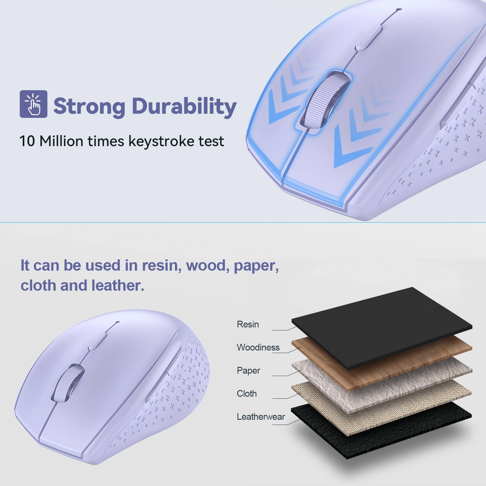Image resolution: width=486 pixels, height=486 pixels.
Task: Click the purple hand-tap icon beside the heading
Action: [33, 104]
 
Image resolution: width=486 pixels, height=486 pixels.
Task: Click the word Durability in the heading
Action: [184, 106]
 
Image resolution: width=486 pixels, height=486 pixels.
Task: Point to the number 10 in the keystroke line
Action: [27, 141]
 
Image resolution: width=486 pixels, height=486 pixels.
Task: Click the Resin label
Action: [248, 324]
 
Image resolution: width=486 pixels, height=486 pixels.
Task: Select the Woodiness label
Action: [258, 347]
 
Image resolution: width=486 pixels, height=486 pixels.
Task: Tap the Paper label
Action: [248, 371]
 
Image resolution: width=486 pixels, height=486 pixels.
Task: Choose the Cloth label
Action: [247, 394]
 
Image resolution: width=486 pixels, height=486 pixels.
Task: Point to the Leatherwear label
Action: [261, 417]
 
